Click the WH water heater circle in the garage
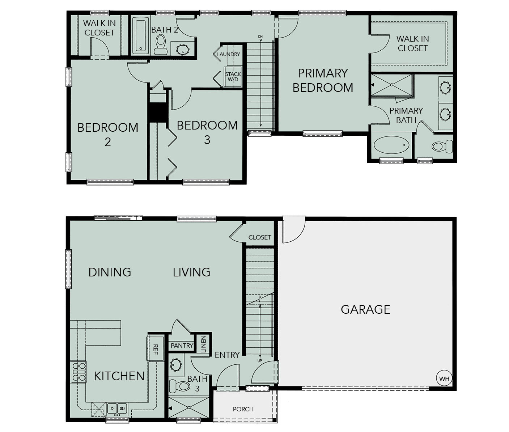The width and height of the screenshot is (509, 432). pyautogui.click(x=444, y=378)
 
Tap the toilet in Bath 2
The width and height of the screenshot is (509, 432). pyautogui.click(x=161, y=45)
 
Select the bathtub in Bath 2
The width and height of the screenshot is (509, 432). pyautogui.click(x=141, y=35)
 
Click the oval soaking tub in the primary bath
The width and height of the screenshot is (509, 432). pyautogui.click(x=391, y=145)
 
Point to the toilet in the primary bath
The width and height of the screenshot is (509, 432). pyautogui.click(x=442, y=146)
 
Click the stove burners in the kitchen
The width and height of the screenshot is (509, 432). pyautogui.click(x=78, y=372)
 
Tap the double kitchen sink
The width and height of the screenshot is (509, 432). pyautogui.click(x=117, y=408)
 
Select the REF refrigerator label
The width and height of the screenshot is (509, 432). pyautogui.click(x=156, y=349)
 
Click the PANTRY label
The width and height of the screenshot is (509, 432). pyautogui.click(x=182, y=346)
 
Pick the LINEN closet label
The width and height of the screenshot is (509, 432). pyautogui.click(x=204, y=344)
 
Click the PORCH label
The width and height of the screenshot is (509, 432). pyautogui.click(x=243, y=409)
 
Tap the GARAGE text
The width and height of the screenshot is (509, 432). pyautogui.click(x=365, y=309)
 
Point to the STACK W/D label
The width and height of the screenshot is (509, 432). pyautogui.click(x=233, y=77)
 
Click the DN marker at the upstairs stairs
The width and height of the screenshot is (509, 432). pyautogui.click(x=260, y=37)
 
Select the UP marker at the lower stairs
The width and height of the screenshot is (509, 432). pyautogui.click(x=259, y=361)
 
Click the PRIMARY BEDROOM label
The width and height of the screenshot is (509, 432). pyautogui.click(x=323, y=81)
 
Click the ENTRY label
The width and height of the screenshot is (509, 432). pyautogui.click(x=227, y=355)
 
